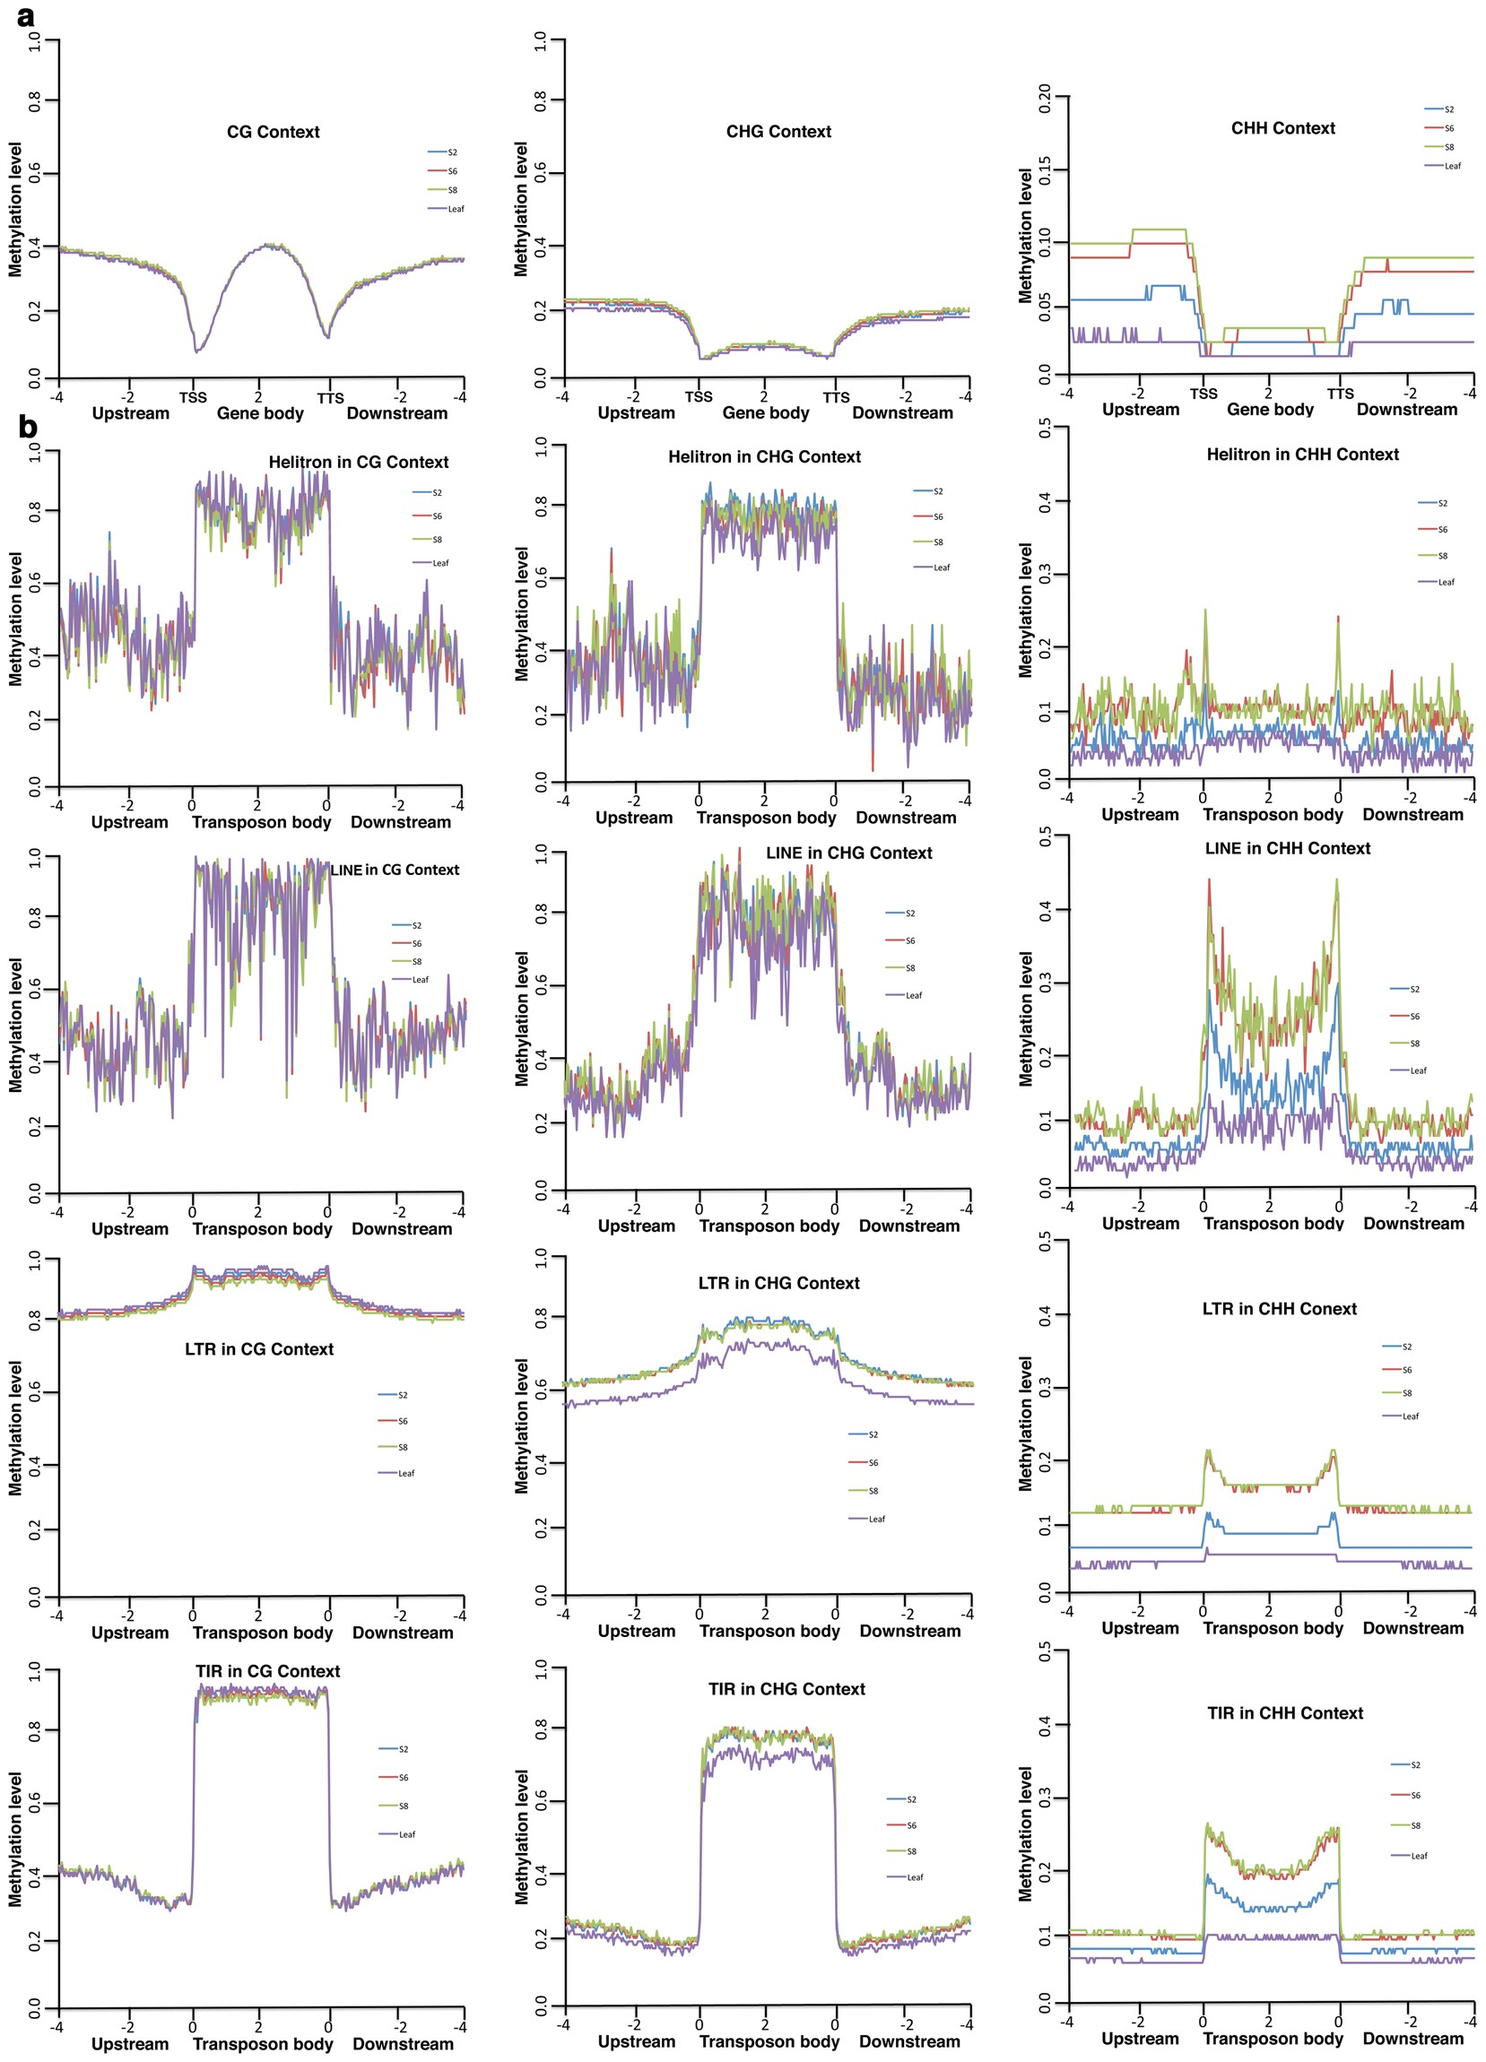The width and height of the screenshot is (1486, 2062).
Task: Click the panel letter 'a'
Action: (26, 16)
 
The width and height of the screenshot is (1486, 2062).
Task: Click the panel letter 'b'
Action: (27, 426)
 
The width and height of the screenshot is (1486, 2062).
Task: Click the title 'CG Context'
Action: (273, 132)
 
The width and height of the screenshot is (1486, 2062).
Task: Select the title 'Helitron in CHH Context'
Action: (1302, 454)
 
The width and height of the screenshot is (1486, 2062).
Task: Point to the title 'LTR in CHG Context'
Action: (778, 1283)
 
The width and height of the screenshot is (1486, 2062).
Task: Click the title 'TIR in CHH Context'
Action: (1285, 1713)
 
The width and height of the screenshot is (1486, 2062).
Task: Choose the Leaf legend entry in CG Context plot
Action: (455, 209)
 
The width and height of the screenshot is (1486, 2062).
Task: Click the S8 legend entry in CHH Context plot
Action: (1447, 147)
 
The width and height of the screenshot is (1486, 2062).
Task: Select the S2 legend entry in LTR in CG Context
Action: (402, 1395)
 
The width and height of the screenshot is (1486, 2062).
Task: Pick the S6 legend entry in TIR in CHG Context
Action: (910, 1824)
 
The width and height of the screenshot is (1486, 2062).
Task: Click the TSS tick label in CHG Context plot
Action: (699, 396)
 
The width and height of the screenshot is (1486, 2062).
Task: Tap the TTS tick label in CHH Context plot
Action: (1340, 394)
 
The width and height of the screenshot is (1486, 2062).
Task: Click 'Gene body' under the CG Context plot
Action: (260, 412)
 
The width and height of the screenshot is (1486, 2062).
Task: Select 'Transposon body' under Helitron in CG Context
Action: (261, 822)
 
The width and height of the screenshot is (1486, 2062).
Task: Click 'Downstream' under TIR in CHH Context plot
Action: (1412, 2039)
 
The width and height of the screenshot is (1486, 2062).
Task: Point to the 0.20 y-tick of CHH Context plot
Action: (1044, 96)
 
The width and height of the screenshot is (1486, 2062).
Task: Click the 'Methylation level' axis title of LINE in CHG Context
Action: (521, 1018)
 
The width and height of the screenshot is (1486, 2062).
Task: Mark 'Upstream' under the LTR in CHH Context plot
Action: (1140, 1627)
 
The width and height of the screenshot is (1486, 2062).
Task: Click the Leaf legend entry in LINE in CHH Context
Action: (1417, 1070)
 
